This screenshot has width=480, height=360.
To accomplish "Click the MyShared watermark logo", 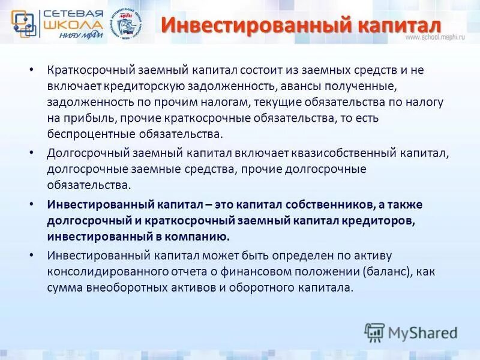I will click(x=410, y=332).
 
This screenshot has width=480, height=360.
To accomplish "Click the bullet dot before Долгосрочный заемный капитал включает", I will click(x=31, y=152).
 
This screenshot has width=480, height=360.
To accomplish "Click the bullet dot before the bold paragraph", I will click(x=31, y=205).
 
